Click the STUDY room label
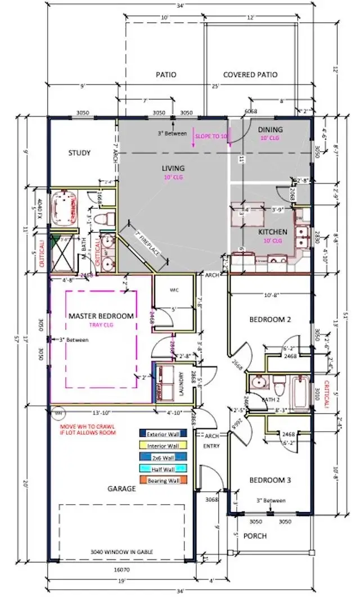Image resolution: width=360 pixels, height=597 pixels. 79,153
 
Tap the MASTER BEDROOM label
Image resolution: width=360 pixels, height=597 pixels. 101,316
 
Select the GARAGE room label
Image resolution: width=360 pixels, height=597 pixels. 122,489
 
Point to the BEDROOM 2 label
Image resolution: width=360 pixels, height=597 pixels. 270,319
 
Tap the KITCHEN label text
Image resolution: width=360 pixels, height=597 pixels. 273,232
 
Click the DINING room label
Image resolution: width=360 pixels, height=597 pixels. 271,130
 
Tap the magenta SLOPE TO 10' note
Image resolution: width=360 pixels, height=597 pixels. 211,137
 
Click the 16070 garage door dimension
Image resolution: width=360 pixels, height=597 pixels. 121,569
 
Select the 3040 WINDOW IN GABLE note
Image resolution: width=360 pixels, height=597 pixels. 121,551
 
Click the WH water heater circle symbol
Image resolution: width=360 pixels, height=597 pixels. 57,413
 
